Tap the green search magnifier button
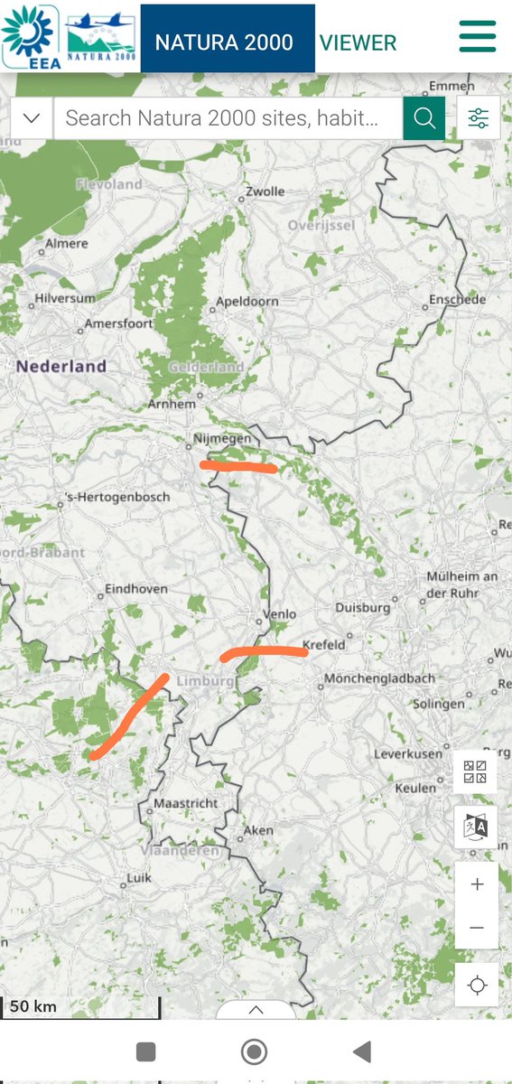coord(424,117)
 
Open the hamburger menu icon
coord(478,36)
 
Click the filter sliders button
coord(478,117)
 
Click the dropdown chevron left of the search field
coord(32,117)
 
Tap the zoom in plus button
coord(477,884)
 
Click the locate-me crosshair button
coord(477,985)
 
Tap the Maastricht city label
coord(185,802)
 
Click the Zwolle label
coord(265,192)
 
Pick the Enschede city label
coord(456,299)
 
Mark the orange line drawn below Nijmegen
coord(238,466)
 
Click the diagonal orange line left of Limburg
coord(128,716)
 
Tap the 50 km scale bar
coord(81,1006)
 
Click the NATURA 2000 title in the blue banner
coord(224,42)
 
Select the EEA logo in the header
coord(31,36)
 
